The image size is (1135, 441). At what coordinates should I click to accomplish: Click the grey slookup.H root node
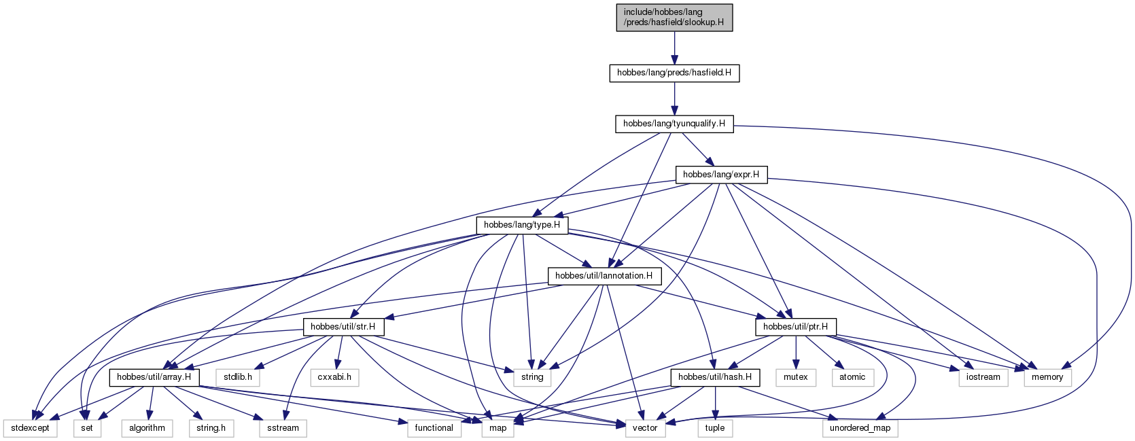[x=674, y=18]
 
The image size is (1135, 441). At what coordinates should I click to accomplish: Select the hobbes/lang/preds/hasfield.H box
[x=674, y=73]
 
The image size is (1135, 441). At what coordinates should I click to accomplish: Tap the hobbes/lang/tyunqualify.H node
[x=674, y=124]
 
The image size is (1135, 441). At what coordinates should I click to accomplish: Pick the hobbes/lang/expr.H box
[x=721, y=175]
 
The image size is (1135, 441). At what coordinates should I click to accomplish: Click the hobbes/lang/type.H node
[x=522, y=226]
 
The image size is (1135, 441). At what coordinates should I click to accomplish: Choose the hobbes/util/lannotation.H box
[x=604, y=276]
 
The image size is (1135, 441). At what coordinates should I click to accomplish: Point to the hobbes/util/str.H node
[x=343, y=327]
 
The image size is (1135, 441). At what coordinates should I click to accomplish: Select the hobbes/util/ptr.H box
[x=795, y=327]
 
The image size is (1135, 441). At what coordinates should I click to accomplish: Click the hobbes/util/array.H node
[x=154, y=377]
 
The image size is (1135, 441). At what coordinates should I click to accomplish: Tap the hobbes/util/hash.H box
[x=715, y=377]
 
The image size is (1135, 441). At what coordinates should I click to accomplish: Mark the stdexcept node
[x=31, y=428]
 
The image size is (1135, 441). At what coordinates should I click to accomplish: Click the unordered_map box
[x=860, y=428]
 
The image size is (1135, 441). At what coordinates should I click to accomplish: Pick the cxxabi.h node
[x=334, y=377]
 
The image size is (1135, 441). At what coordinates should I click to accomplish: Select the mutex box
[x=795, y=377]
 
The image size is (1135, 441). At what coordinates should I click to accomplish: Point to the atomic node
[x=852, y=377]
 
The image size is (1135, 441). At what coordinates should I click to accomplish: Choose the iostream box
[x=983, y=377]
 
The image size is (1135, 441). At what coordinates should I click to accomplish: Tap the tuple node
[x=715, y=428]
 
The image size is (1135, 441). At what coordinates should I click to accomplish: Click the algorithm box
[x=147, y=428]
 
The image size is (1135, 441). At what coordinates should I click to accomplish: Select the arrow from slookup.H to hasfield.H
[x=674, y=48]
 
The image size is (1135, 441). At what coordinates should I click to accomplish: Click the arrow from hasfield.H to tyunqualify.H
[x=674, y=99]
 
